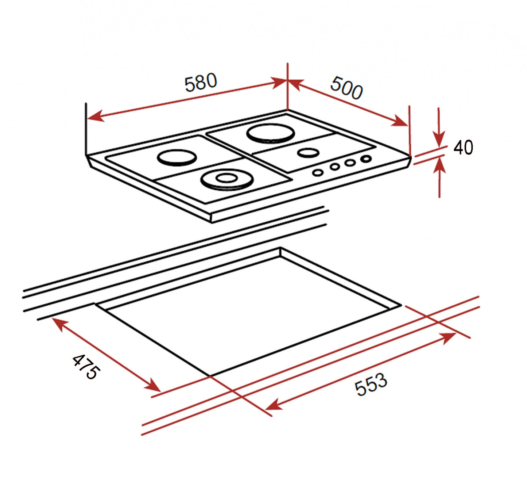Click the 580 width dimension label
click(x=201, y=83)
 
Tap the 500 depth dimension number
click(x=346, y=88)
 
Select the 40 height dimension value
click(x=463, y=148)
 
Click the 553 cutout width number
click(x=371, y=385)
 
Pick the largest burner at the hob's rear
click(x=270, y=133)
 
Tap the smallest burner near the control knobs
click(x=308, y=153)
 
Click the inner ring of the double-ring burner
click(x=227, y=178)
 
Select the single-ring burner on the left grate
click(x=177, y=157)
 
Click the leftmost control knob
click(x=318, y=173)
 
